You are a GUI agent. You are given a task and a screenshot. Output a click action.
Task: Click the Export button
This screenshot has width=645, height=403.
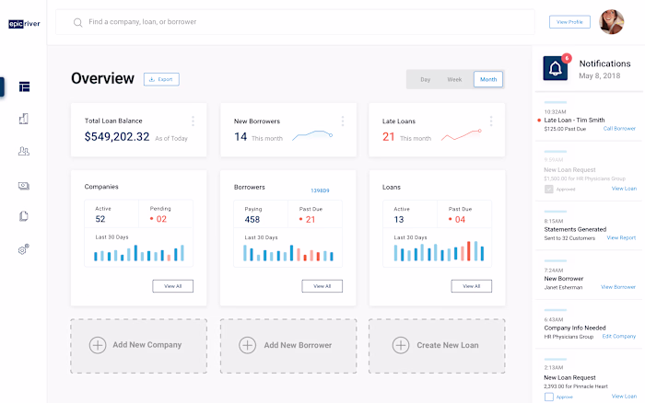[161, 79]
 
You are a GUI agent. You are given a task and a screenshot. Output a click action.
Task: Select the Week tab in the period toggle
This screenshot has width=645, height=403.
[454, 79]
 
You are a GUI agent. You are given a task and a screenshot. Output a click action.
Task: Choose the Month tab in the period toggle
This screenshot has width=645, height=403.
[488, 79]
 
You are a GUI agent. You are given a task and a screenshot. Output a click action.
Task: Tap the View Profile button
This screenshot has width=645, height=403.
[569, 21]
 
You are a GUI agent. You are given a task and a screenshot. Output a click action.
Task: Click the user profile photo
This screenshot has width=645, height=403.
[612, 21]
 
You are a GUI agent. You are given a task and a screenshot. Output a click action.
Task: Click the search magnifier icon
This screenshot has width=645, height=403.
[77, 21]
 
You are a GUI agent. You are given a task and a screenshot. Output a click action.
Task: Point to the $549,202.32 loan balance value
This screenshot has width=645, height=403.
[116, 137]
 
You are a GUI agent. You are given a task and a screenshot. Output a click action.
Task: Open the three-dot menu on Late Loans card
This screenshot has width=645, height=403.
[491, 121]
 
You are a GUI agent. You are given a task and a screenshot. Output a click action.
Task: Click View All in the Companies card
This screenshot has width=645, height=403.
[173, 286]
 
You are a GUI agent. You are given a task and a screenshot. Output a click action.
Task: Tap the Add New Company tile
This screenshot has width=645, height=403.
[138, 345]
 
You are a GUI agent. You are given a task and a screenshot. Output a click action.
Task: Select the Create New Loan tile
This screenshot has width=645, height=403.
[437, 345]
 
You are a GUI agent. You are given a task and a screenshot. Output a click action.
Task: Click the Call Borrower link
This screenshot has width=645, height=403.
[619, 129]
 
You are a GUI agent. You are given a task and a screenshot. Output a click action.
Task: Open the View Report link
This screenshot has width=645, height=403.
[621, 237]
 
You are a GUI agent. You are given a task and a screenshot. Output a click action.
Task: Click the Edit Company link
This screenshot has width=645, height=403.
[619, 337]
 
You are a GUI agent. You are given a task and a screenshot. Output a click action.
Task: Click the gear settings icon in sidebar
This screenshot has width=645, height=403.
[24, 249]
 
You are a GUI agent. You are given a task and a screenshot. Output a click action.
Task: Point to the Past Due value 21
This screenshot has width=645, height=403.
[310, 220]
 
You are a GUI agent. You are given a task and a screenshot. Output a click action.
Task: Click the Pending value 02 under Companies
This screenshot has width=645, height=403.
[160, 219]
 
